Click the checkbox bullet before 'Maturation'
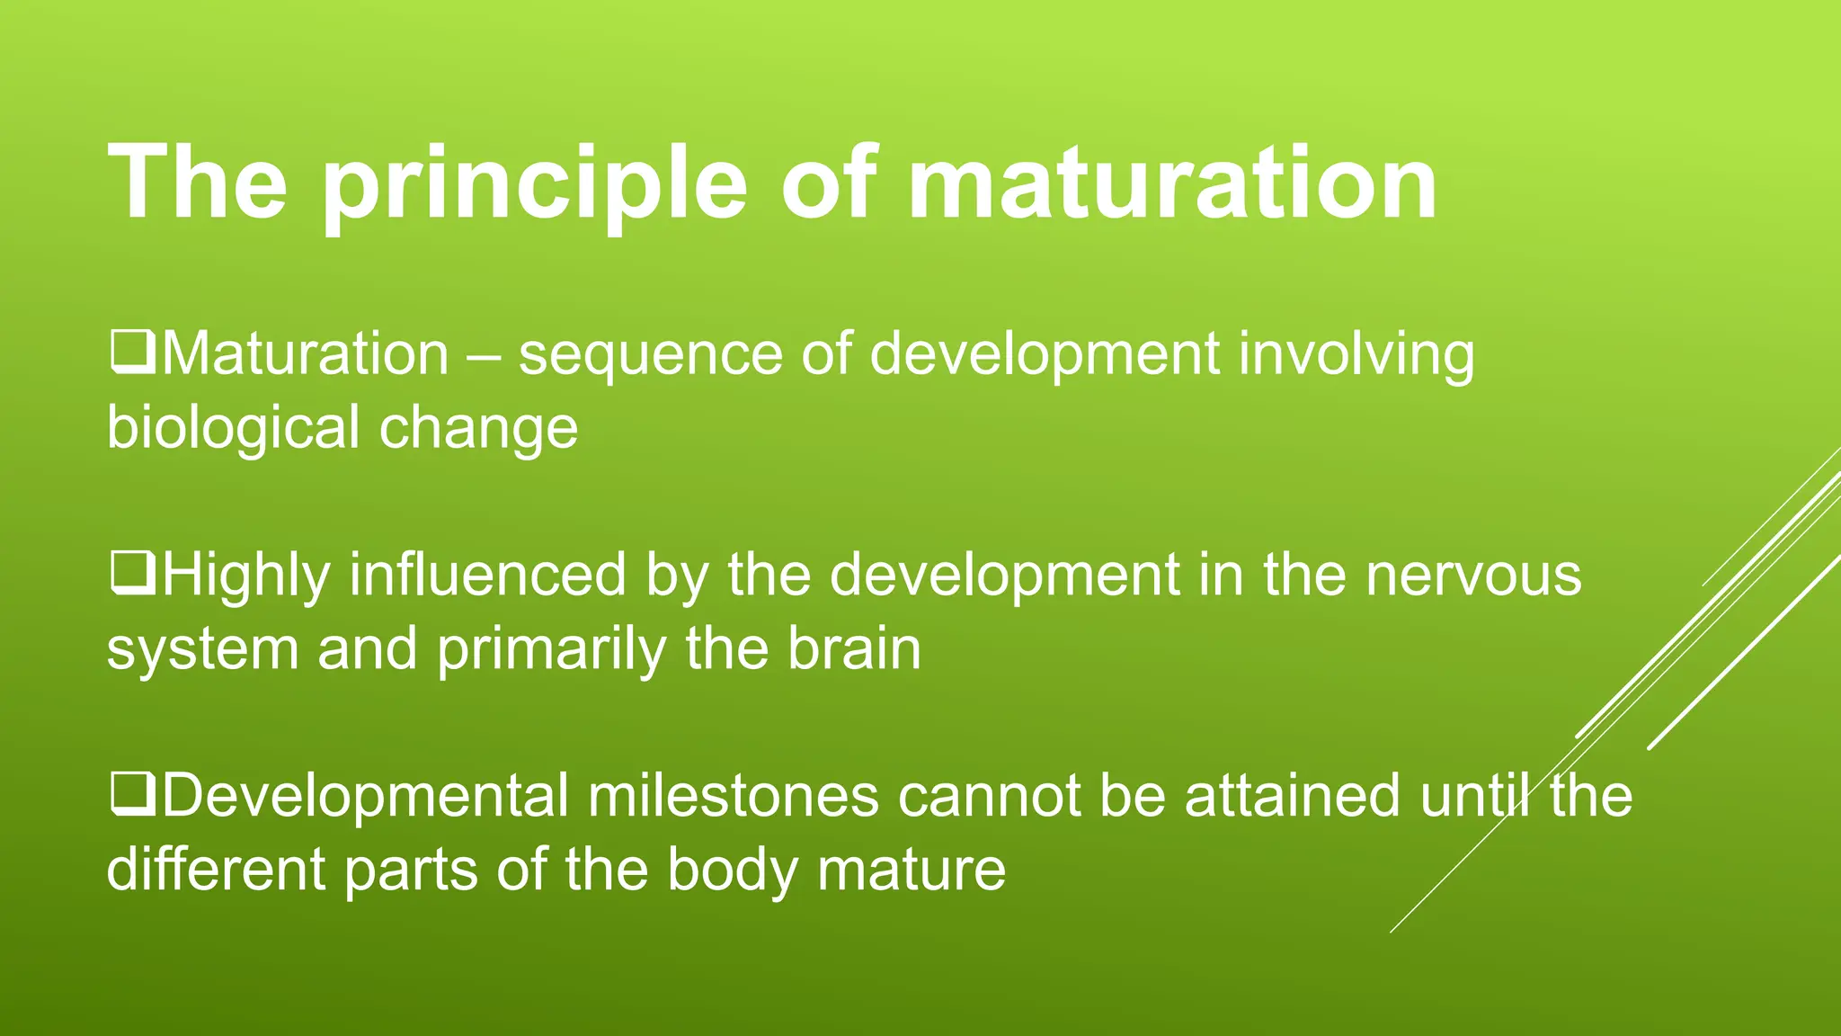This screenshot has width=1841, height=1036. pyautogui.click(x=132, y=354)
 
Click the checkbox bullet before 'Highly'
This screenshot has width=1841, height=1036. pyautogui.click(x=132, y=576)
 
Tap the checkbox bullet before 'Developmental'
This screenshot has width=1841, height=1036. pyautogui.click(x=132, y=797)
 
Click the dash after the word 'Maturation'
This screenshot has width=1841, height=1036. pyautogui.click(x=483, y=356)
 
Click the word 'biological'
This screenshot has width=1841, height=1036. pyautogui.click(x=233, y=428)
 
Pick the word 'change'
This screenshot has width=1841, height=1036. pyautogui.click(x=478, y=428)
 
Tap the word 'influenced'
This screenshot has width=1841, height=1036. pyautogui.click(x=486, y=576)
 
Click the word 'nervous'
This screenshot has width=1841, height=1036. pyautogui.click(x=1473, y=576)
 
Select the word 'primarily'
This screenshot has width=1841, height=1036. pyautogui.click(x=551, y=649)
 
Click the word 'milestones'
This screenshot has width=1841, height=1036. pyautogui.click(x=733, y=797)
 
